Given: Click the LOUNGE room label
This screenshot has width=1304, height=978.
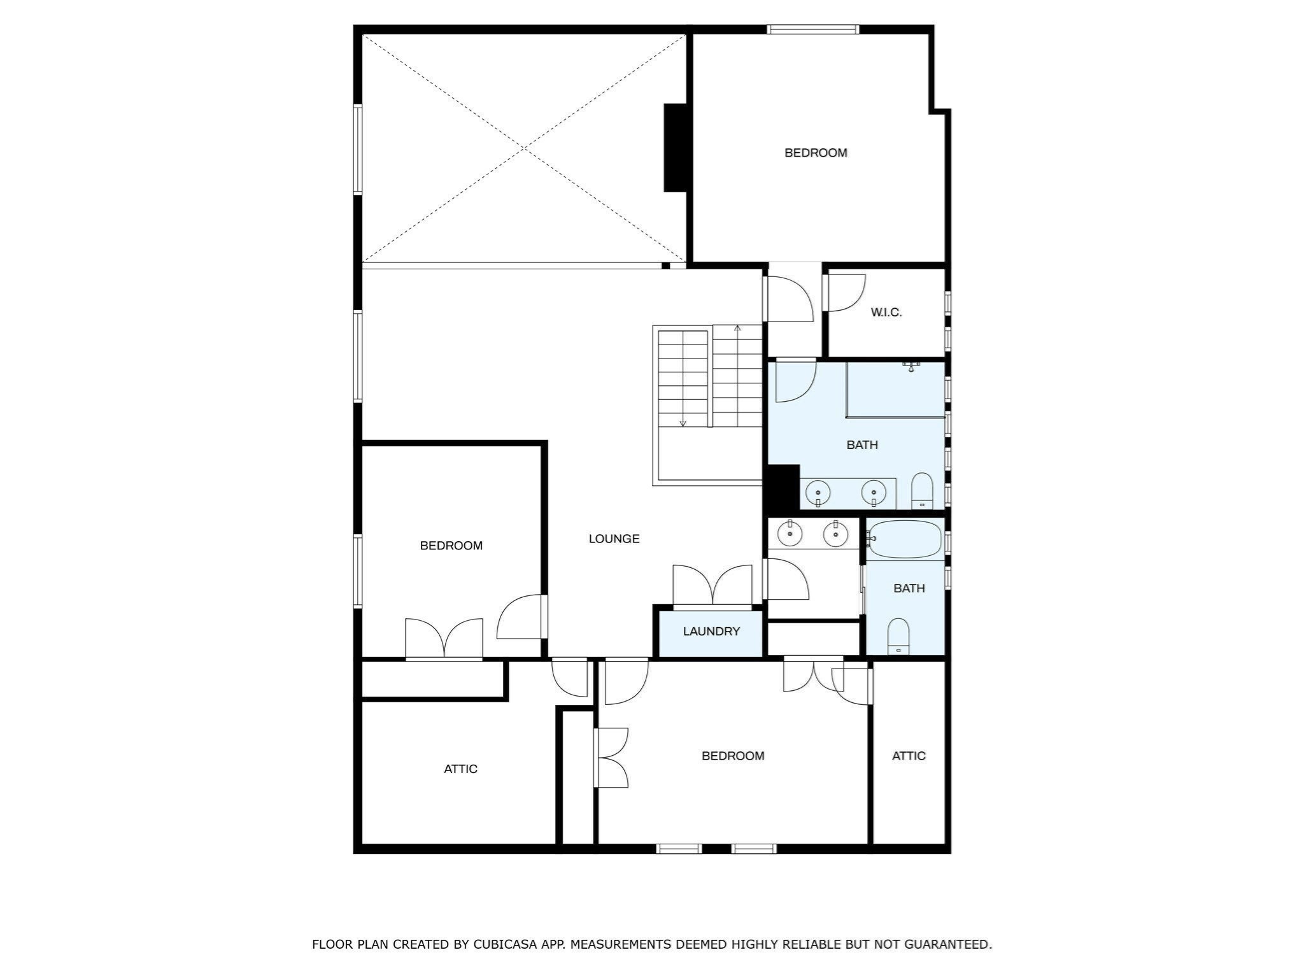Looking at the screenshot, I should [614, 539].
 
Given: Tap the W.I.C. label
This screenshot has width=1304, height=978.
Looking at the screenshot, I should [886, 313].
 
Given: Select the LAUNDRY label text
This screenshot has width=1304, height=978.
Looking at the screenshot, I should [711, 631].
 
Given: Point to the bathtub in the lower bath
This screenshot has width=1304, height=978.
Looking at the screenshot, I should [905, 539].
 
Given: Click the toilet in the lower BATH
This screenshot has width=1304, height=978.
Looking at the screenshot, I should [898, 635].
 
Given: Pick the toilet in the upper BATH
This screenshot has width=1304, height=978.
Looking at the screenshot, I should [921, 491].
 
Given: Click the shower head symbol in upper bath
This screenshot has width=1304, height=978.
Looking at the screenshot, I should [911, 366].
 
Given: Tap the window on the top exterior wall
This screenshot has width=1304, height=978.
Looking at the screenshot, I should [813, 29].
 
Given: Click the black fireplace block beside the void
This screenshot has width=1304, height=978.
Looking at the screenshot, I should [676, 148].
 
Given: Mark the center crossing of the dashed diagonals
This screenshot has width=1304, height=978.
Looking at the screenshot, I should [524, 148].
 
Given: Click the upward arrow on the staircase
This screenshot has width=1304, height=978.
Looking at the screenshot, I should [737, 330].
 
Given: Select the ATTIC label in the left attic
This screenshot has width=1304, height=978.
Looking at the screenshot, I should [460, 769].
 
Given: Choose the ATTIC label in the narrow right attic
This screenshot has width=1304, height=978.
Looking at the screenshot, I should [909, 756].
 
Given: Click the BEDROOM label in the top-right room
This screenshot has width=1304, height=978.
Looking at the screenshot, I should [816, 153].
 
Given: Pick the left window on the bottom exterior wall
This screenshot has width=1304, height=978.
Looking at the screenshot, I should [679, 848].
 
